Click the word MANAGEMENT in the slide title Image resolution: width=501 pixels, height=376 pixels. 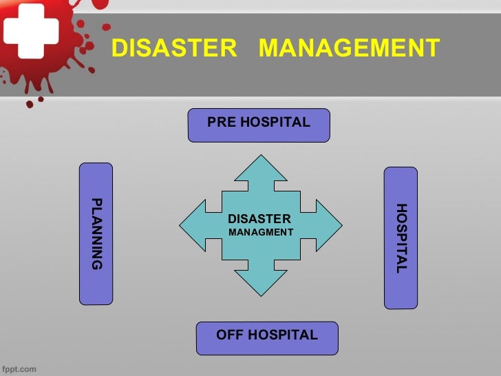(x=350, y=49)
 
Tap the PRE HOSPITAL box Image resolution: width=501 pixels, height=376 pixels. (x=259, y=125)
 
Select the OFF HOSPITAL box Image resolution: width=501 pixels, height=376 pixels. (x=267, y=337)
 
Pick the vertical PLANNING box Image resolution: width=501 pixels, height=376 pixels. (x=96, y=233)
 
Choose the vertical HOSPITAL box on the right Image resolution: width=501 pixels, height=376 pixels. (x=401, y=238)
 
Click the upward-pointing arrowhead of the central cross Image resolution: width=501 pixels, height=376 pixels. (x=260, y=169)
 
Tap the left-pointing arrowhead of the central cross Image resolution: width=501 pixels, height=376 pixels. (x=193, y=224)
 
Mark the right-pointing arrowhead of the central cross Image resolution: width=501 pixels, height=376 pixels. (x=328, y=224)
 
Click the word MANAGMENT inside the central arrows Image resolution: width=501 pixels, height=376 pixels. (x=261, y=232)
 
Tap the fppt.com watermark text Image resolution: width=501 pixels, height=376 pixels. (x=19, y=368)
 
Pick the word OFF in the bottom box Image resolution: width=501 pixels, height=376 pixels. (x=230, y=335)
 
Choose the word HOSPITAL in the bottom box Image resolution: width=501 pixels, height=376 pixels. (x=282, y=335)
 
